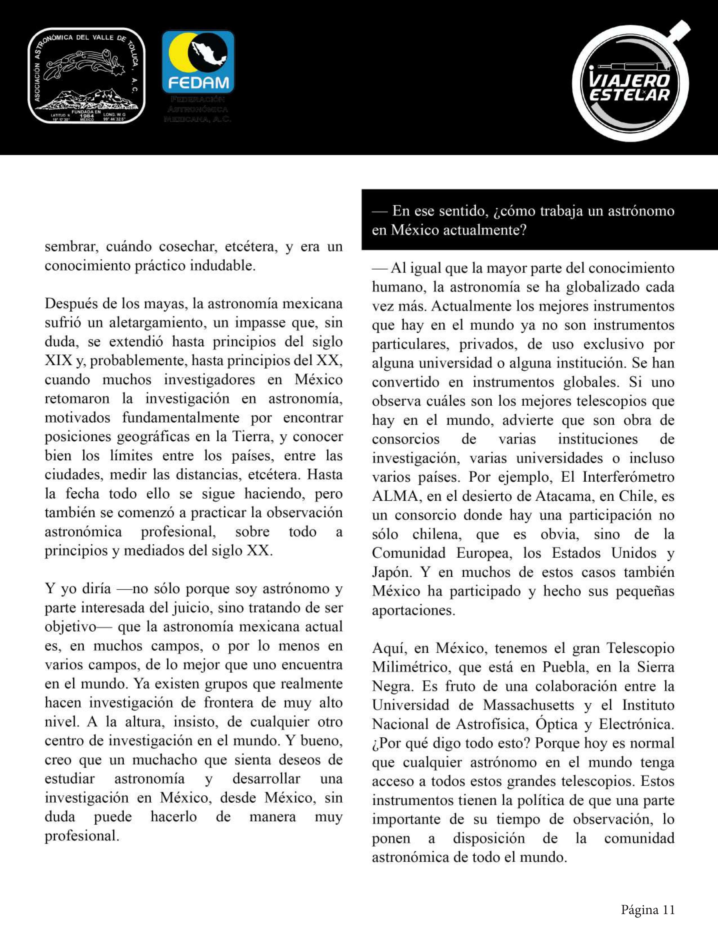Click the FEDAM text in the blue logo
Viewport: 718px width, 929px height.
[198, 82]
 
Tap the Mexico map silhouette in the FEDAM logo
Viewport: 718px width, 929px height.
[209, 53]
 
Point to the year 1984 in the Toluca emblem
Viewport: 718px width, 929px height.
[86, 115]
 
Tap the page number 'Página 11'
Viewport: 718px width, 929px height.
[648, 906]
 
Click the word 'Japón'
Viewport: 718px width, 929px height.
[391, 572]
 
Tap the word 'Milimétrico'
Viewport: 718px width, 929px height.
[411, 667]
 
